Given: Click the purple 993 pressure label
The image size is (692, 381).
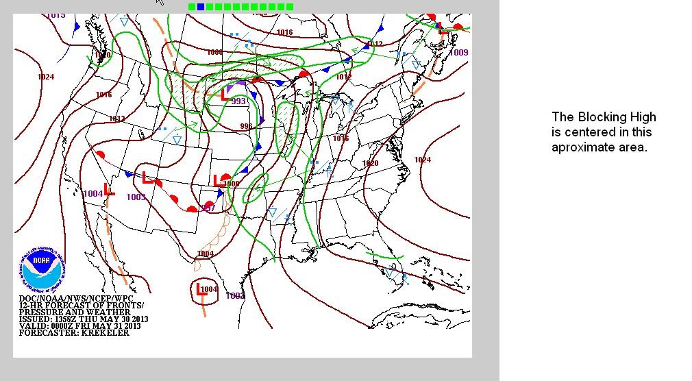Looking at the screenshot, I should [238, 101].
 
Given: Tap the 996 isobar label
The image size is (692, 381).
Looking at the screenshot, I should [246, 126].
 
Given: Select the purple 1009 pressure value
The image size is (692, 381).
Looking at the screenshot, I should [459, 53].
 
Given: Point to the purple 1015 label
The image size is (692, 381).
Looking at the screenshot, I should [56, 15].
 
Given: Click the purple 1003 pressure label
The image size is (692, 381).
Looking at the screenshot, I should [136, 197].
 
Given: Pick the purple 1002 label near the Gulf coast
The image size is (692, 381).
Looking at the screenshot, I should [235, 296].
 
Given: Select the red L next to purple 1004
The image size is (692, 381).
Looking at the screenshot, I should [108, 190].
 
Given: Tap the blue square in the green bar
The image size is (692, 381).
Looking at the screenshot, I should [201, 7].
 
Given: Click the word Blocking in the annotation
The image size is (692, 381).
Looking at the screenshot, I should [597, 117].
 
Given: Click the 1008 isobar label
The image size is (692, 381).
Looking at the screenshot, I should [214, 53].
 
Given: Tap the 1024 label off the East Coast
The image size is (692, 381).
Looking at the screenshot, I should [423, 160].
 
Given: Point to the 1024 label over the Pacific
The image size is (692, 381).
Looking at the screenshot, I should [46, 77].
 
